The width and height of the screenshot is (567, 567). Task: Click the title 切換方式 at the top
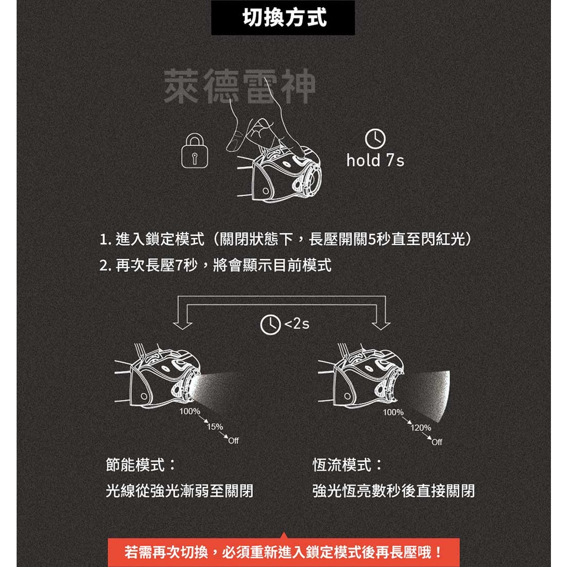click(283, 18)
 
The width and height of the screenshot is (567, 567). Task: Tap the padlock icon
click(194, 151)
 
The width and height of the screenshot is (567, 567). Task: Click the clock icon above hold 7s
click(375, 139)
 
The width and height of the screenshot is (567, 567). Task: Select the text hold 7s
click(375, 161)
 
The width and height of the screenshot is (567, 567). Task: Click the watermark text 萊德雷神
click(239, 87)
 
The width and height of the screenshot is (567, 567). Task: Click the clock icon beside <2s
click(270, 324)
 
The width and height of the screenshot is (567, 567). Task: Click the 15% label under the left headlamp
click(214, 427)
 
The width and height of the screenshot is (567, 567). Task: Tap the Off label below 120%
click(437, 442)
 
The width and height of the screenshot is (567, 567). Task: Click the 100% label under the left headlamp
click(189, 412)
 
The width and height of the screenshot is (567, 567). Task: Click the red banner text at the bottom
click(283, 552)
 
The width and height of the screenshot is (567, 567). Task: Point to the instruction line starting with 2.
click(216, 266)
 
